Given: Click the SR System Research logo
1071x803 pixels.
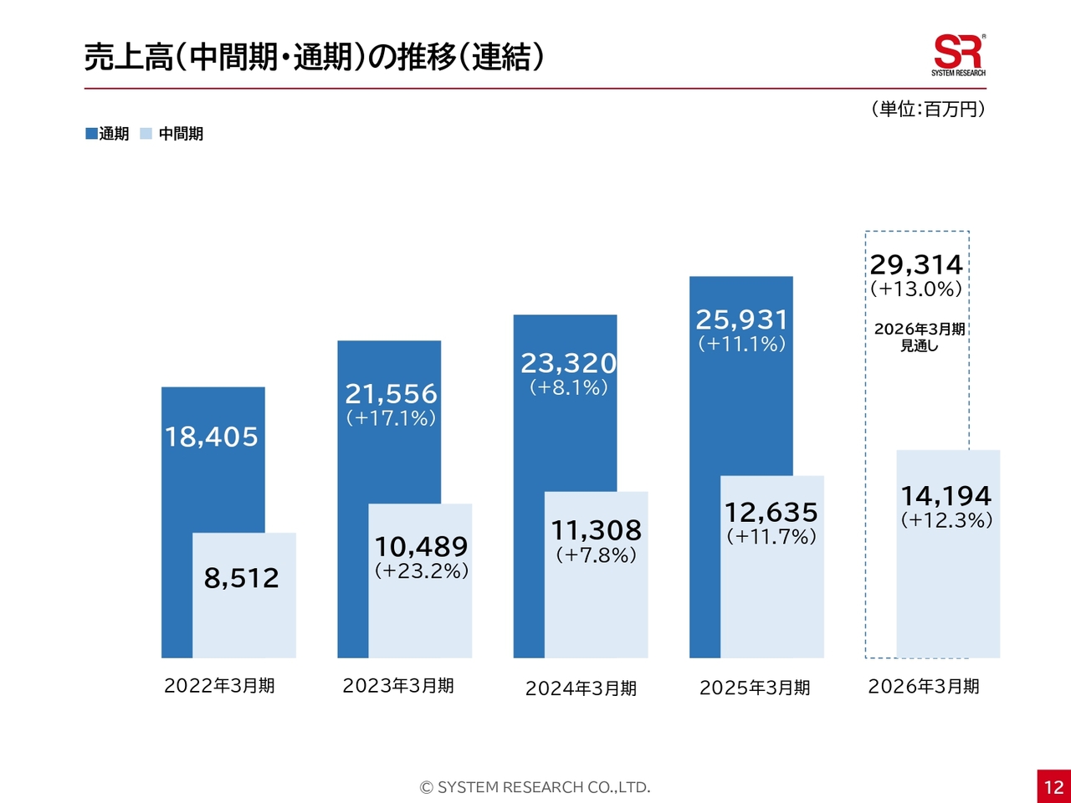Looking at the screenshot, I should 958,55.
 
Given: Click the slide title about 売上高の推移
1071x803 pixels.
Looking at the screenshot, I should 314,57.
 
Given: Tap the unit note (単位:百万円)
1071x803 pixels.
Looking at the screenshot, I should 928,110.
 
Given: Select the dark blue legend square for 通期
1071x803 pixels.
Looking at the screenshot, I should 91,134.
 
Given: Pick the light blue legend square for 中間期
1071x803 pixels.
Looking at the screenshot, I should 146,134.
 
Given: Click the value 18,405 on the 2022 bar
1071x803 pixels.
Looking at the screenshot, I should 212,437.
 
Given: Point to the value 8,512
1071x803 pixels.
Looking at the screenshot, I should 242,578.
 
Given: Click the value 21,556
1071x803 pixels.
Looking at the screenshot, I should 391,394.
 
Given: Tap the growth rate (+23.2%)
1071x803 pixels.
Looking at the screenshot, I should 421,570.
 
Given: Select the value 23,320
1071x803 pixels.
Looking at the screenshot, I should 568,363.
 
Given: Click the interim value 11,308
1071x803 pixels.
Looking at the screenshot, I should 596,530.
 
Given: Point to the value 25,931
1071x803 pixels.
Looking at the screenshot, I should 741,320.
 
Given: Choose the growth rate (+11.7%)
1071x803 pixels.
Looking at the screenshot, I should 771,536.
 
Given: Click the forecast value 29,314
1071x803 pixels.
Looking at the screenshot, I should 916,265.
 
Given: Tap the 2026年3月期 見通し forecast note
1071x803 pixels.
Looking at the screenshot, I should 919,337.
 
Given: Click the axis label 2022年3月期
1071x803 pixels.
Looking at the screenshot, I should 219,686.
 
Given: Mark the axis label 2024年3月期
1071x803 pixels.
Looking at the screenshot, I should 581,688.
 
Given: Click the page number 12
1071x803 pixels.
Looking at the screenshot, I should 1053,786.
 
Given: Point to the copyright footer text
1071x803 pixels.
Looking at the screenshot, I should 535,787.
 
